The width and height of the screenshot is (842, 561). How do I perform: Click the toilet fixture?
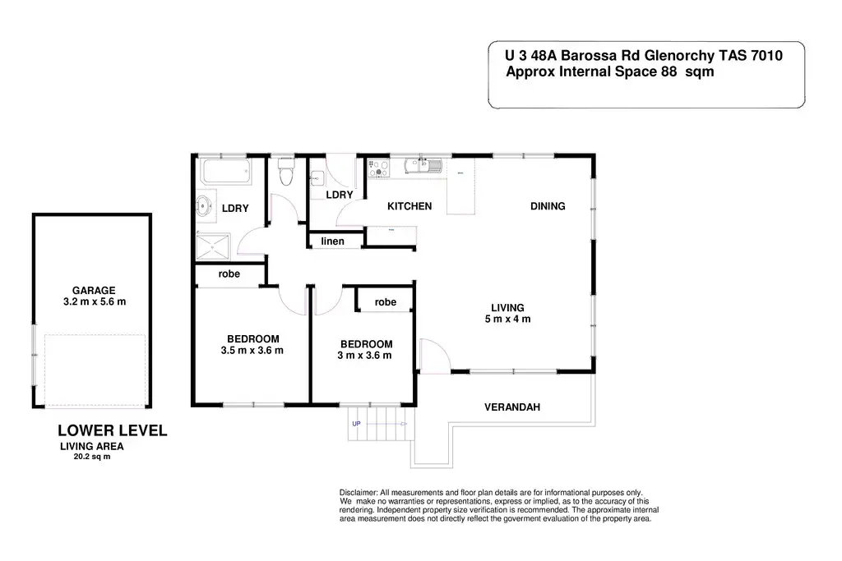click(x=286, y=174)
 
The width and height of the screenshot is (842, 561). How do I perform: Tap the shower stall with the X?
click(x=214, y=246)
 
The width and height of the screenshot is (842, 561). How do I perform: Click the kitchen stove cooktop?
click(x=379, y=169)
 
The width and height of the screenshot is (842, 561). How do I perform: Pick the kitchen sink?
click(x=429, y=168)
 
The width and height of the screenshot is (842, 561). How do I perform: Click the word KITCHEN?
click(x=409, y=206)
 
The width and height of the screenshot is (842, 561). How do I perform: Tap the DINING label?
click(x=548, y=206)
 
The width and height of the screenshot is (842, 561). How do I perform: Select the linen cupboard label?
click(x=332, y=241)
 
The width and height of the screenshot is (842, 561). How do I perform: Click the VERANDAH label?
click(x=511, y=407)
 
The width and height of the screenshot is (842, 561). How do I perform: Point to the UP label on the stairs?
click(x=356, y=424)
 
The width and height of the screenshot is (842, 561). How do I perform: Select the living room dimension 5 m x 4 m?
click(x=507, y=320)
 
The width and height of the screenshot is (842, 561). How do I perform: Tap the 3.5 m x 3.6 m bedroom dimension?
click(x=252, y=351)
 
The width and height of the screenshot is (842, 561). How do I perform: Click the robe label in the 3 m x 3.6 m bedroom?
click(x=385, y=302)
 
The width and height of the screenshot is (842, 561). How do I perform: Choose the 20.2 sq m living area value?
click(x=91, y=457)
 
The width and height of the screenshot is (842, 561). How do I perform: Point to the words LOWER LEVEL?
click(x=112, y=430)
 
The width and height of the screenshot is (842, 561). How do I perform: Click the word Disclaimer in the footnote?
click(x=358, y=491)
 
